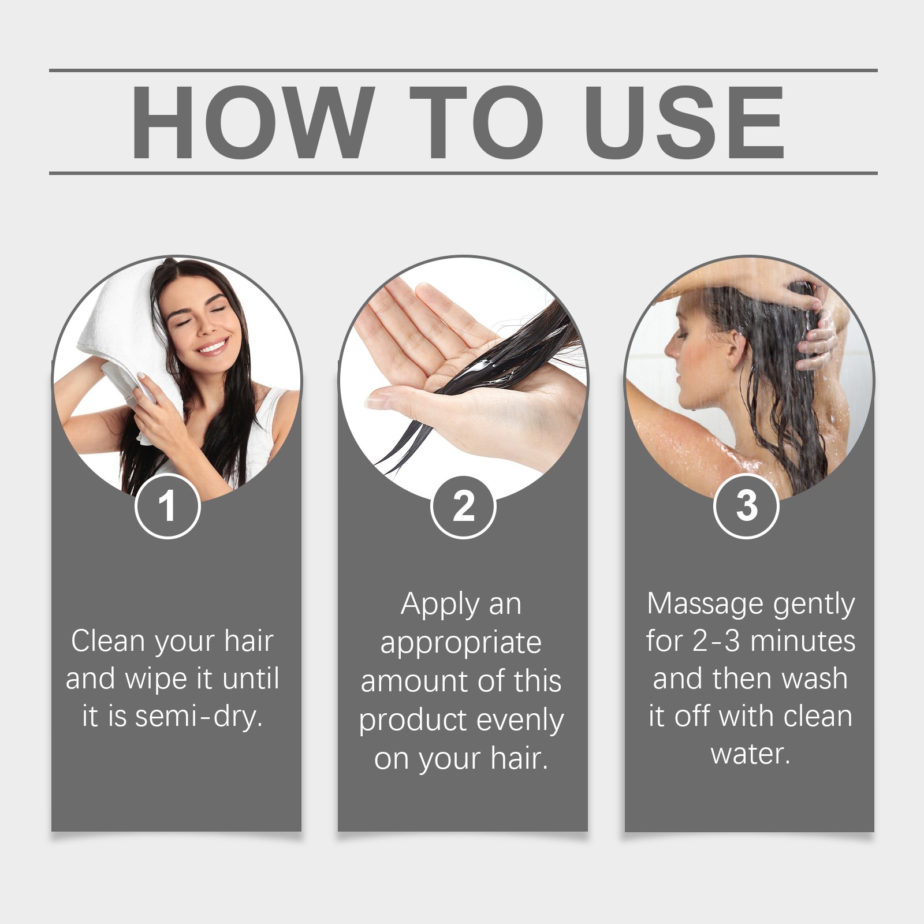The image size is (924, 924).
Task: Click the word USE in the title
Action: click(685, 122)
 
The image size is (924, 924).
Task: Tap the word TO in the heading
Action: click(478, 122)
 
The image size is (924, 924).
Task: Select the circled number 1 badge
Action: click(167, 506)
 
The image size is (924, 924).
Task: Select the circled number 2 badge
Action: click(463, 506)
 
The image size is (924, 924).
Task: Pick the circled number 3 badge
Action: click(746, 506)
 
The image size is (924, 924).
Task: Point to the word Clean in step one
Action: click(107, 641)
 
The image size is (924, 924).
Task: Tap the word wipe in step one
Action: click(157, 680)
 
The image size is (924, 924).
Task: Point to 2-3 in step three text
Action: click(716, 642)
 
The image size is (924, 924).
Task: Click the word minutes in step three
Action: click(803, 642)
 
